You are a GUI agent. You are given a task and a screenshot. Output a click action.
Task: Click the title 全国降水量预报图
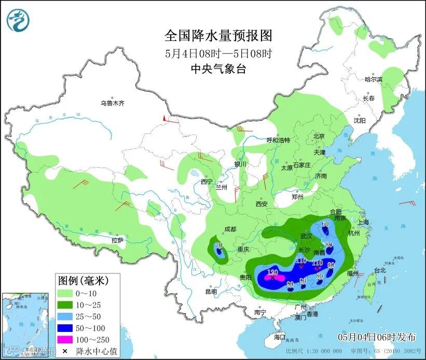(218, 35)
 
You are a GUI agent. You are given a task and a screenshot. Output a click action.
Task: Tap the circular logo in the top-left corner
(18, 20)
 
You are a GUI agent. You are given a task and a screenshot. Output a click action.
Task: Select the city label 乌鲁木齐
(113, 103)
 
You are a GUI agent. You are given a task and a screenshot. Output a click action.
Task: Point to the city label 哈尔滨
(373, 79)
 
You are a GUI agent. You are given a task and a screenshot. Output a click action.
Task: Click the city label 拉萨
(117, 240)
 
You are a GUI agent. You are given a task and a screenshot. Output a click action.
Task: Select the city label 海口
(279, 337)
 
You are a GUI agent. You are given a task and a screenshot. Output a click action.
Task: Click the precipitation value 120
(272, 272)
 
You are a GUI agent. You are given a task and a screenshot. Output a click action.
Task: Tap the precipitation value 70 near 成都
(218, 245)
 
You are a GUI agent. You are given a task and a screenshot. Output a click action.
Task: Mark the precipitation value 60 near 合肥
(325, 224)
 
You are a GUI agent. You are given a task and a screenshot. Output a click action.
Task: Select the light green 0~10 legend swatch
(65, 293)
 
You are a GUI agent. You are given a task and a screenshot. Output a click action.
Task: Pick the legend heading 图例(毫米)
(83, 281)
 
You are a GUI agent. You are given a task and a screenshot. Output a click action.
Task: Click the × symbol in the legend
(64, 351)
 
